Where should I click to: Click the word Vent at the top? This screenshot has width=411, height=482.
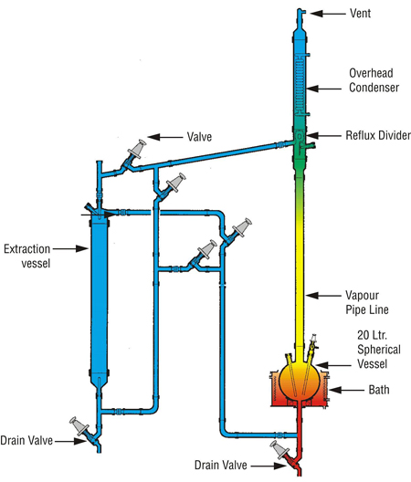360,13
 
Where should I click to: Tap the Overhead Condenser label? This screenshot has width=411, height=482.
374,80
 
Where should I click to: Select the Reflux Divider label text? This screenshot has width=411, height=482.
378,135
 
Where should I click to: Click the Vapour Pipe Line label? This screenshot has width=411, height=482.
366,302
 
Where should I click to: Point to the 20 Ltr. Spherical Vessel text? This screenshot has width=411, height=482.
379,350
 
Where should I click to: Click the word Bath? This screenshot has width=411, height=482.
379,390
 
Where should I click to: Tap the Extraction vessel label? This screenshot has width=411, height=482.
27,256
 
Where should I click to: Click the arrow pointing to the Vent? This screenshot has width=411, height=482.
328,14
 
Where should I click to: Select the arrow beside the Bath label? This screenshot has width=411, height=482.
346,390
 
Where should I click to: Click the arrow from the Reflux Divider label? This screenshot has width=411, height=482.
323,135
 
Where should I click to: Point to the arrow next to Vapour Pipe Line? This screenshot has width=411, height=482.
323,296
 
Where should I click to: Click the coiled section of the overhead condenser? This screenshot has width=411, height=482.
300,85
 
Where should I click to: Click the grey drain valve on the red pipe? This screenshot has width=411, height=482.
279,449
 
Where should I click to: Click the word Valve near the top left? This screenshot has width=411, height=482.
199,137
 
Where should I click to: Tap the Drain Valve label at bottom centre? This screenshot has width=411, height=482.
221,465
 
